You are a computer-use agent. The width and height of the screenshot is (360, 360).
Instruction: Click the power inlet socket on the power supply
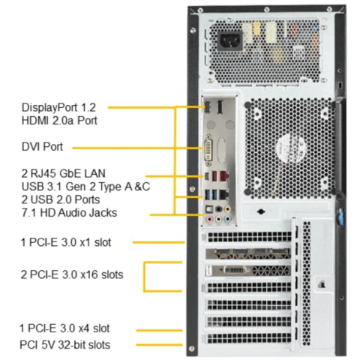coord(230,40)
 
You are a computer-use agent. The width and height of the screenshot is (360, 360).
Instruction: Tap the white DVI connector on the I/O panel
coord(208,151)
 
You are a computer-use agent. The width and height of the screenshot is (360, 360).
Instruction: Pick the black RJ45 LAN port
coord(224,194)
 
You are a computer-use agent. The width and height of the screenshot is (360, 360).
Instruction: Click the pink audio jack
coord(209,219)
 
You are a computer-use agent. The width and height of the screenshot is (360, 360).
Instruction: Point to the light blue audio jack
coord(227,219)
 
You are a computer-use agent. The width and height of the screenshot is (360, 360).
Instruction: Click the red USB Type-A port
coord(214,176)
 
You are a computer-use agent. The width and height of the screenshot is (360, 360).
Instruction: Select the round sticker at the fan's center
coord(291,148)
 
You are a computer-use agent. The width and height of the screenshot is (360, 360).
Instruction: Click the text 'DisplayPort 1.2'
coord(58,107)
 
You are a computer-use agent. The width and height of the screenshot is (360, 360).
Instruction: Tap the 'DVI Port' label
coord(42,147)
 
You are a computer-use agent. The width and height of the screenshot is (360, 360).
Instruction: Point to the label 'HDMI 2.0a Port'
coord(59,121)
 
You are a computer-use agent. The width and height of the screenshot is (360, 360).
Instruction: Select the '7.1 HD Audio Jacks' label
coord(69,213)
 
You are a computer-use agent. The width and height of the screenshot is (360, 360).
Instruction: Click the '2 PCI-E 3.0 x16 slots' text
coord(72,274)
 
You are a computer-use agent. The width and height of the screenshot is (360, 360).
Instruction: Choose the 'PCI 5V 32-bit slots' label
coord(65,345)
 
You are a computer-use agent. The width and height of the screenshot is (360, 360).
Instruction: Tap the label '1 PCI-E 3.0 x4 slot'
coord(64,328)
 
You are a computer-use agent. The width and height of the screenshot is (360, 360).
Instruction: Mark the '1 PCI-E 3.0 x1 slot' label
coord(66,242)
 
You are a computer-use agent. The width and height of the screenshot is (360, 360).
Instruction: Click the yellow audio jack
coord(227,209)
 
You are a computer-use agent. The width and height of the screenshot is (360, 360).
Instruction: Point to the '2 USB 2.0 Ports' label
coord(61,199)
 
